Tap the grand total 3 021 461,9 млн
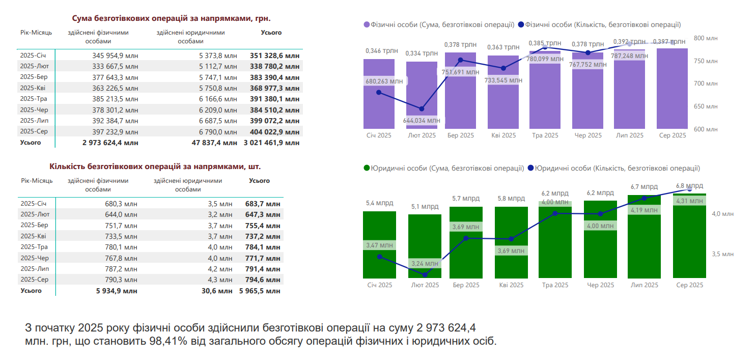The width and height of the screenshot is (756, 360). coord(271,143)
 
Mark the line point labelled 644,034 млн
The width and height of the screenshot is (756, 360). coord(422,109)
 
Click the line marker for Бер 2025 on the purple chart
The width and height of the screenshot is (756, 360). coord(461,60)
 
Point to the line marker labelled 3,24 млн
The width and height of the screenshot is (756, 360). coord(425,275)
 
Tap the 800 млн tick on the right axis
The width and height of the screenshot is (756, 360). coord(706,38)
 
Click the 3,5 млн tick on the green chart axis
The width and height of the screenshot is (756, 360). coord(723,254)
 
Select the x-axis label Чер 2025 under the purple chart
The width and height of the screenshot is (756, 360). coord(587,135)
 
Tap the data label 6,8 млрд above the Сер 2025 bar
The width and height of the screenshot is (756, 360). coord(689,186)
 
